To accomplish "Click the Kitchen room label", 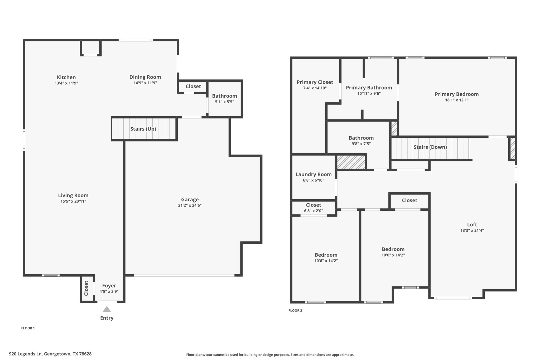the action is point(66,77).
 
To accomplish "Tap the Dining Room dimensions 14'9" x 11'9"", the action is point(145,83).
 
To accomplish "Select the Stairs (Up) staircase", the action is point(144,129).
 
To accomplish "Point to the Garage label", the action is point(190,200).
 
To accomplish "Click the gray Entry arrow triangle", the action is point(107,309).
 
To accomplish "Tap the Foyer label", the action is point(109,286).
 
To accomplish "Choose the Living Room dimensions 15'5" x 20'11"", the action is point(73,201).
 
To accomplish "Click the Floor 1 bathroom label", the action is point(224,96).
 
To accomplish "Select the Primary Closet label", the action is point(315,82).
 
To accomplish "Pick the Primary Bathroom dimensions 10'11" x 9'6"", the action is point(369,93).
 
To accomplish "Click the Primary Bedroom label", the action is point(457,94).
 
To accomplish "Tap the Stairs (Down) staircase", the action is point(430,148).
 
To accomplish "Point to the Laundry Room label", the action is point(314,174).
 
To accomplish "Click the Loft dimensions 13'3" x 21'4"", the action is point(472,230).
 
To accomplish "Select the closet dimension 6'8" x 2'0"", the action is point(314,211).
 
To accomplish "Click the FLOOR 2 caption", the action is point(295,310).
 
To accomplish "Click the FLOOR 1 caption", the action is point(28,328).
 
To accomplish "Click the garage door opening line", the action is point(184,275).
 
